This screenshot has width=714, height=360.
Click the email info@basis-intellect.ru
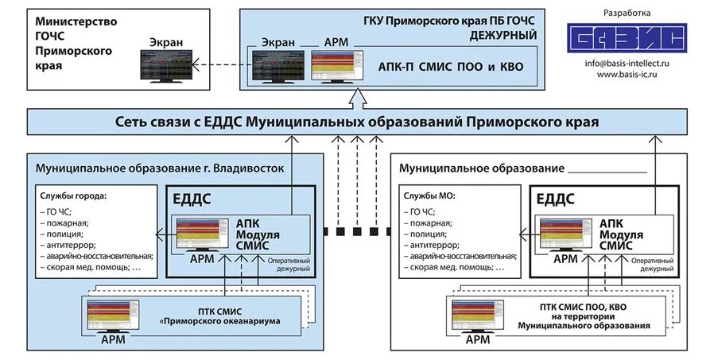[x=626, y=62]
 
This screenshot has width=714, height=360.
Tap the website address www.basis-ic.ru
[x=626, y=74]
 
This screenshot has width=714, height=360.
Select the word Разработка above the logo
[x=627, y=13]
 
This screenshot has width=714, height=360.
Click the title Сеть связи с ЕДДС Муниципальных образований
[x=357, y=122]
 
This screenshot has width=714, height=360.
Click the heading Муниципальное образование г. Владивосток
[x=160, y=168]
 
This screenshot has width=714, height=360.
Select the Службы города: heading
[x=73, y=195]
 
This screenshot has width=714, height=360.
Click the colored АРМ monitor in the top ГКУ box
[x=333, y=67]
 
